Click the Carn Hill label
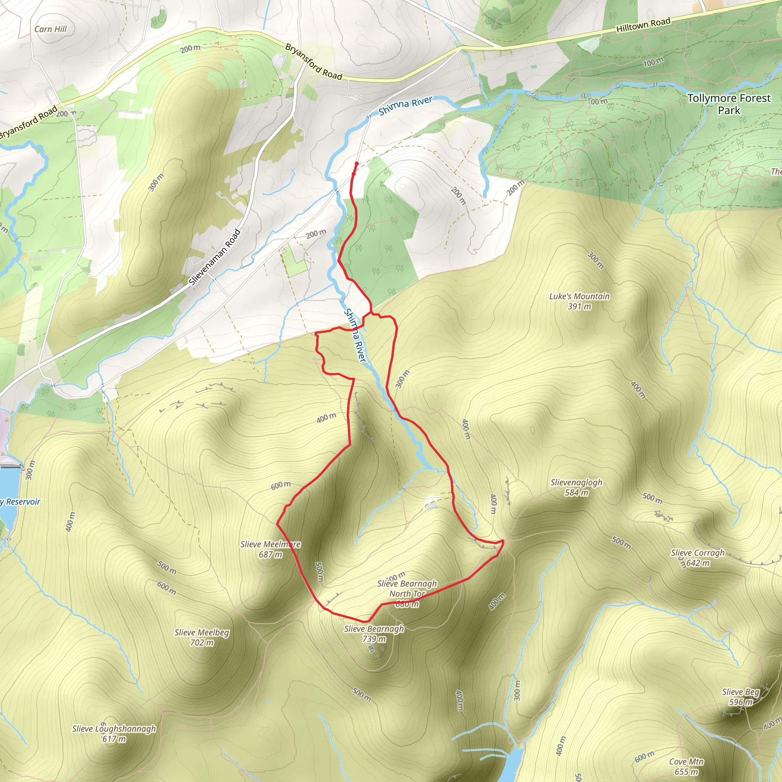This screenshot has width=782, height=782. tap(51, 29)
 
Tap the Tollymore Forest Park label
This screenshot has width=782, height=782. tap(729, 104)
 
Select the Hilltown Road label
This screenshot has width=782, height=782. tap(643, 25)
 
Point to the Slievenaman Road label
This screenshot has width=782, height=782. tap(215, 257)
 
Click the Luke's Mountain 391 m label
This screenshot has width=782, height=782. tap(579, 301)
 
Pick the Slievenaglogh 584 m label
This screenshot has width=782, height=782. tap(576, 487)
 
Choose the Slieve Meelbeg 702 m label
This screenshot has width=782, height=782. tap(202, 638)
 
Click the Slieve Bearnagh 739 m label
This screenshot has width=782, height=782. tap(374, 634)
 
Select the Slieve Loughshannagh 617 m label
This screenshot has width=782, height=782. tap(114, 734)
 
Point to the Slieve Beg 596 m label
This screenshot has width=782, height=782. tap(741, 697)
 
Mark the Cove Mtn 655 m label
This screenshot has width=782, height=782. tap(687, 767)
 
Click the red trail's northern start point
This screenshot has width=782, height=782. tap(357, 163)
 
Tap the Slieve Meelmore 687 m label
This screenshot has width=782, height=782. tap(270, 549)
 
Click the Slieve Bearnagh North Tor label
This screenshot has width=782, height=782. tap(407, 594)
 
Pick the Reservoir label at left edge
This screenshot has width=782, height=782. tap(20, 502)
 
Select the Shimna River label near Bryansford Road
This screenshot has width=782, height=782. tap(406, 106)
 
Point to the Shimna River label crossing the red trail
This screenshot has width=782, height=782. tap(355, 336)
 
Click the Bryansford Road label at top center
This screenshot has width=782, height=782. tap(314, 61)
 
